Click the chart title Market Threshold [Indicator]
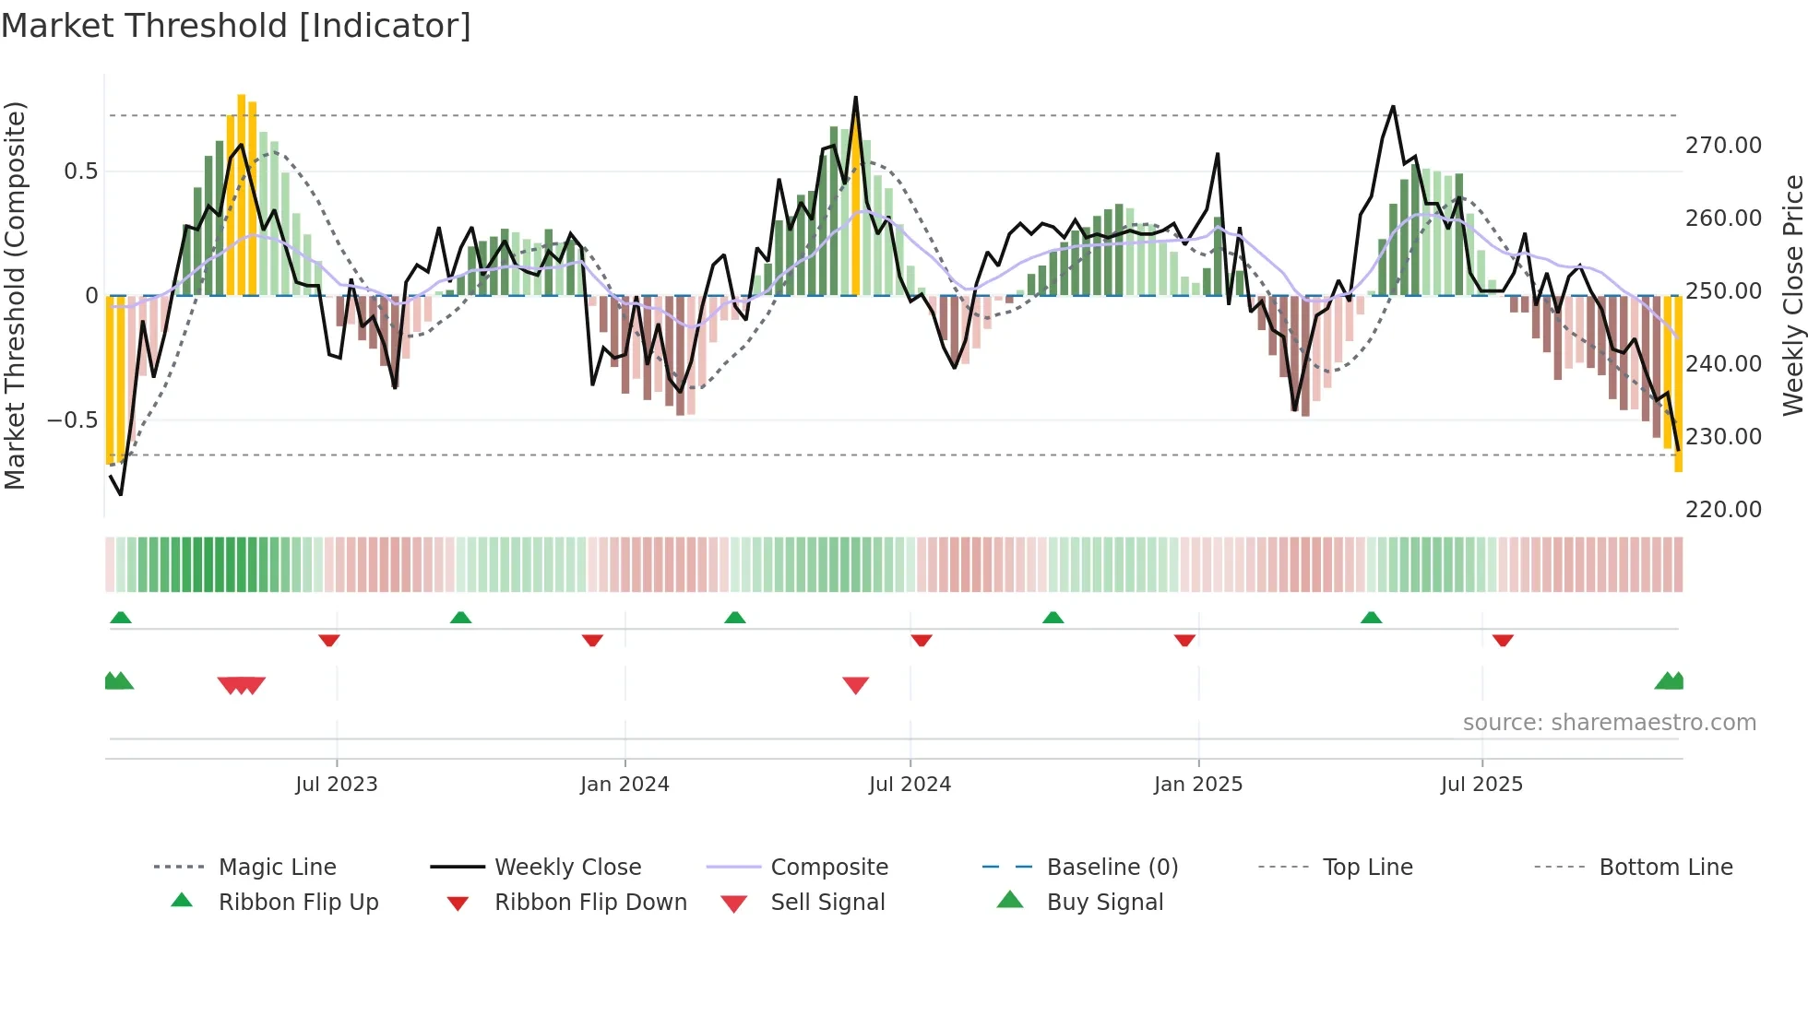coord(236,26)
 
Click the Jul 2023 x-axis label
coord(337,785)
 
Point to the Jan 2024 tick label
coord(624,785)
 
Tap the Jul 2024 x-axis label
coord(910,785)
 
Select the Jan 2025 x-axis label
coord(1198,785)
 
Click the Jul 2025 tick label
coord(1481,785)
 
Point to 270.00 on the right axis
coord(1723,146)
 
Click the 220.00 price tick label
coord(1723,510)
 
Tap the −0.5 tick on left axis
coord(72,420)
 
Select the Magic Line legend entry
coord(277,868)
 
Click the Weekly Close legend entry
coord(567,868)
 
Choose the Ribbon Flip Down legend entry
coord(590,903)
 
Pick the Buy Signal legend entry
coord(1104,903)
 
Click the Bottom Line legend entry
coord(1665,868)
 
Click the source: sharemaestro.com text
coord(1609,723)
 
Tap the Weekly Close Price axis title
coord(1792,295)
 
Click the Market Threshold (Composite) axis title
coord(15,295)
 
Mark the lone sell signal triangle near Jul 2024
coord(855,685)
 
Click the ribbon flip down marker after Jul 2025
coord(1503,640)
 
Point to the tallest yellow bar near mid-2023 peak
coord(242,194)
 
